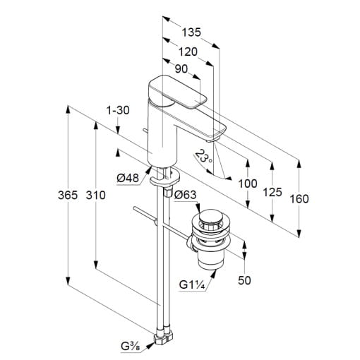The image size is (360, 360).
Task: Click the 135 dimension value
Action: click(191, 32)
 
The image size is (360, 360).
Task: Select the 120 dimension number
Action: click(188, 52)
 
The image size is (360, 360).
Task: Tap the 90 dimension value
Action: click(181, 69)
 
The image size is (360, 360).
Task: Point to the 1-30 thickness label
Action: click(118, 110)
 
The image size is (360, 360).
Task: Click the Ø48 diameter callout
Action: click(128, 178)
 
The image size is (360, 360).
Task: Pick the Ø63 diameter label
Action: click(185, 195)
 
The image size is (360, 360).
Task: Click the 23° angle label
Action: click(204, 157)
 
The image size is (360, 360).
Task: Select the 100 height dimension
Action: click(248, 184)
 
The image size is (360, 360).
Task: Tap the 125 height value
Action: click(272, 192)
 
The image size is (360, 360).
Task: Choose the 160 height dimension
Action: click(299, 199)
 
